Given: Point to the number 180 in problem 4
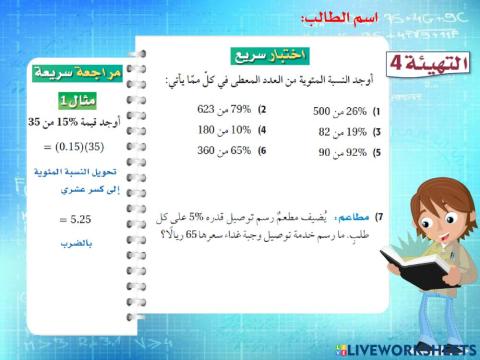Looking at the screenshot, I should [208, 130].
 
